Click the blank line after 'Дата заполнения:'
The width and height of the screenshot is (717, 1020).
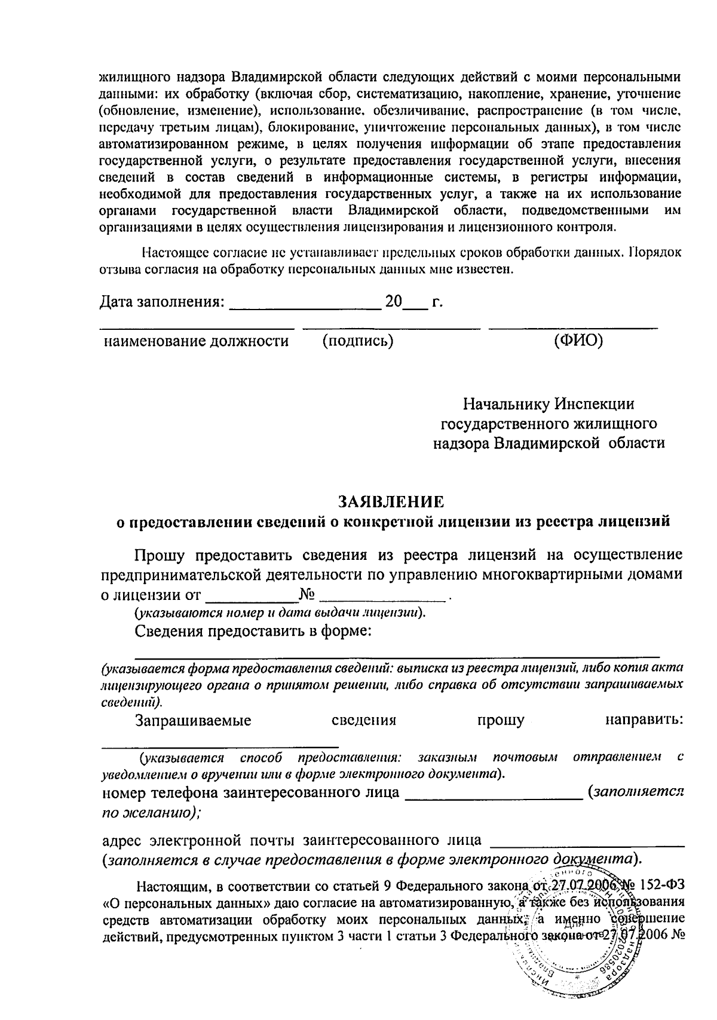click(305, 308)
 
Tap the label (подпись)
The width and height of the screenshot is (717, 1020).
click(357, 341)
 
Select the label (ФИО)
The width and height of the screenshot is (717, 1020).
click(578, 341)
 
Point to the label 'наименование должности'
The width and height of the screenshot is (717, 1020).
click(197, 341)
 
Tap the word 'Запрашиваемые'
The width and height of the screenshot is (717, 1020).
click(193, 720)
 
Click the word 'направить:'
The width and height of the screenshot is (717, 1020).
click(644, 720)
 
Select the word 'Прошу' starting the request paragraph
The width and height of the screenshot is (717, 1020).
click(159, 555)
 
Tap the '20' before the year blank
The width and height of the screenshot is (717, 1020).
click(394, 302)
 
